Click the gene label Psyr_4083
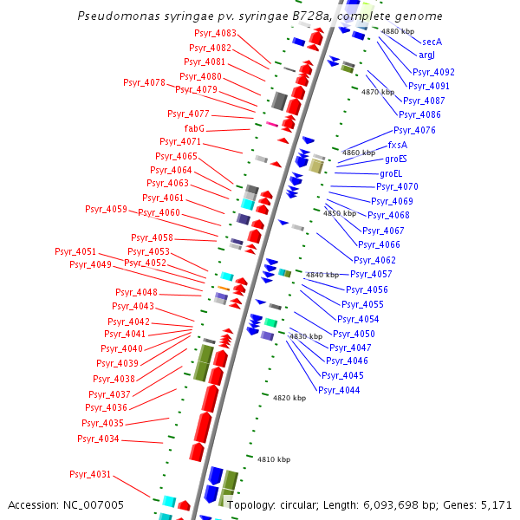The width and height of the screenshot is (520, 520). coord(213,34)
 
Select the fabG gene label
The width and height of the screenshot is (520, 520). coord(194,128)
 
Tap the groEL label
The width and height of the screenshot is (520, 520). coord(392,173)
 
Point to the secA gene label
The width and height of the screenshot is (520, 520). coord(432,42)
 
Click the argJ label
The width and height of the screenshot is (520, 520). coord(426,55)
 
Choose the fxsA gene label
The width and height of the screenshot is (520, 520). coord(397,145)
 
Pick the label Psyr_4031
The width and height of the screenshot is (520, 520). coord(90,474)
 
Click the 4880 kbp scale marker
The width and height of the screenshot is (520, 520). coord(398,31)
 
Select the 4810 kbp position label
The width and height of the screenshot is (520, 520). coord(274,459)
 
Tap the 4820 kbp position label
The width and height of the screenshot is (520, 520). coord(289,398)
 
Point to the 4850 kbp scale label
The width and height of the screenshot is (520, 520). coord(340,213)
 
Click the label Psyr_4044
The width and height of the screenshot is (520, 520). coord(339,390)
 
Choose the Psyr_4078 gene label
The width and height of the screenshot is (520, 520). coord(144,82)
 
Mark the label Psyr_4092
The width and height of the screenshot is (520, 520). coord(433,72)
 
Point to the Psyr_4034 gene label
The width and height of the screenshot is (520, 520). coord(98,439)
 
